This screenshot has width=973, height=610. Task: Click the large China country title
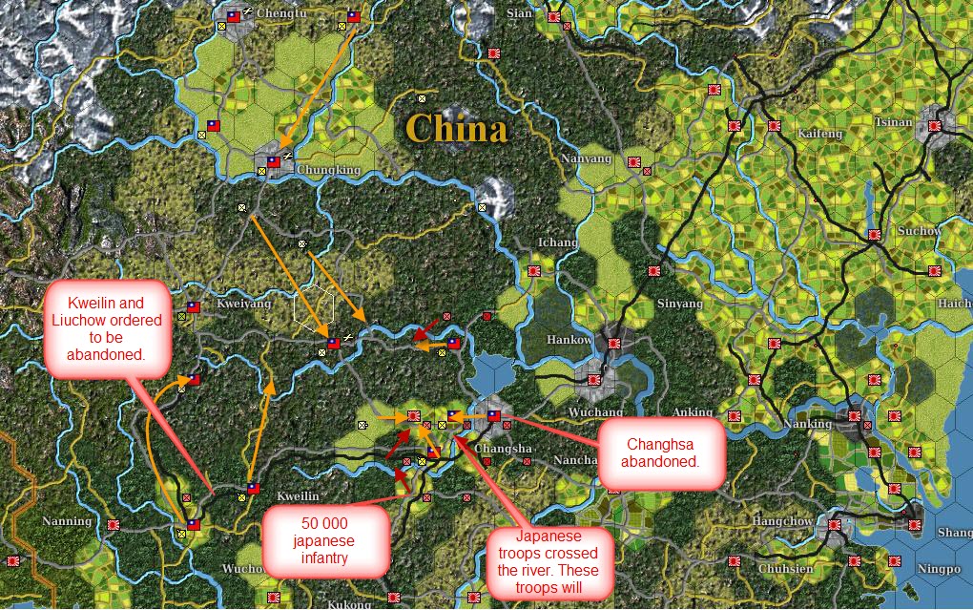pos(456,129)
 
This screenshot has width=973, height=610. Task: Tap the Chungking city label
pos(329,171)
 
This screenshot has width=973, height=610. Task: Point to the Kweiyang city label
pos(244,304)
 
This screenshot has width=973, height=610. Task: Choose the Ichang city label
pos(558,242)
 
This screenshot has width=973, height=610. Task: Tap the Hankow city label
pos(570,340)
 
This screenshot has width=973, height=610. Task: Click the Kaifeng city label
pos(821,134)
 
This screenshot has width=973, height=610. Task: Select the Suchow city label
pos(920,232)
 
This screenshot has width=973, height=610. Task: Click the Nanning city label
pos(67,521)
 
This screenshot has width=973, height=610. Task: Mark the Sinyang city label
pos(681,304)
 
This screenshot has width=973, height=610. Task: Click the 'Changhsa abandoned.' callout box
pos(662,452)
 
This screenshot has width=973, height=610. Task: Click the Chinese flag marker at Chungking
pos(274,162)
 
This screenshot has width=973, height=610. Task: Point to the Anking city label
pos(692,412)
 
